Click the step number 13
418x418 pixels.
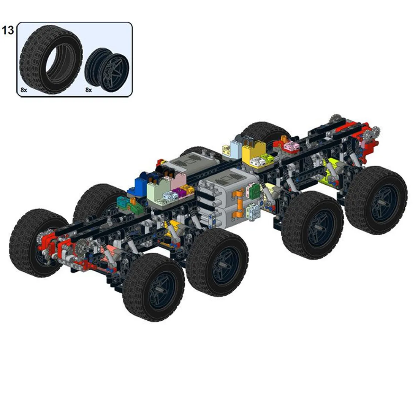point(8,30)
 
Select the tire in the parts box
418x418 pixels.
point(51,60)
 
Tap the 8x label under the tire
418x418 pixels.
point(24,90)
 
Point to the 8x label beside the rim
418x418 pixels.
point(89,90)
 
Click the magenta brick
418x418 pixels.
point(177,191)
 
